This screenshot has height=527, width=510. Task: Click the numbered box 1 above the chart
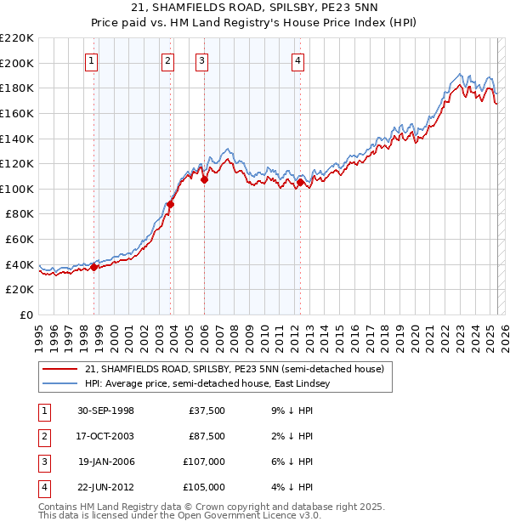point(91,59)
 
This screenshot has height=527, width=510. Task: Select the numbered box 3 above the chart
point(201,59)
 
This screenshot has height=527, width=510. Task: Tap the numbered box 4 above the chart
point(298,59)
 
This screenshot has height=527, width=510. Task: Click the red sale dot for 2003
point(171,204)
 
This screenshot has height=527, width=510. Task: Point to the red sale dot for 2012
point(301,182)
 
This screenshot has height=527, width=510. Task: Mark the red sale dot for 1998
point(94,267)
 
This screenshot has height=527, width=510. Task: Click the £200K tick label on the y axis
point(18,63)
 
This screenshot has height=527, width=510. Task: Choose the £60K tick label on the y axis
point(20,240)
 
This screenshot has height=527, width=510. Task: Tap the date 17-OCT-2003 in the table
point(105,436)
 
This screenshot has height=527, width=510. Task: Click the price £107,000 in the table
point(205,462)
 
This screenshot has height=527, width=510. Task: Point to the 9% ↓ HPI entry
point(290,411)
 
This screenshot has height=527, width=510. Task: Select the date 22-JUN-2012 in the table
point(105,487)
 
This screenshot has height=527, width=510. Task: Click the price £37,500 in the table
point(207,411)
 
